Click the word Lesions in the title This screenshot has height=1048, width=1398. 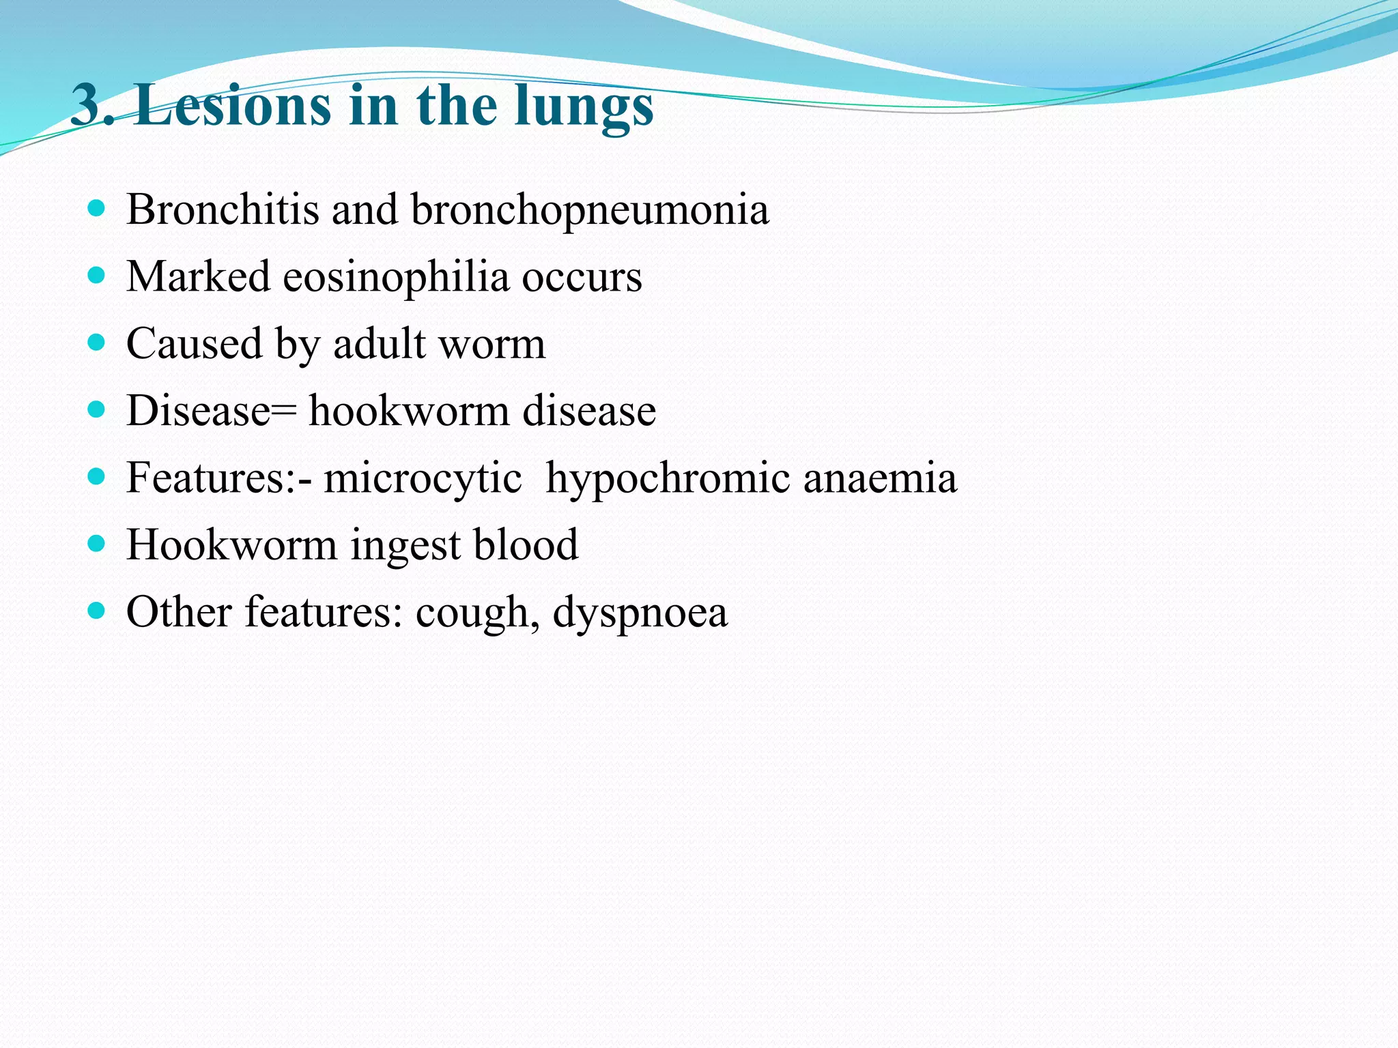232,106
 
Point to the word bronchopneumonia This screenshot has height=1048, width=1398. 590,210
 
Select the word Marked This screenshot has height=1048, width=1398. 198,276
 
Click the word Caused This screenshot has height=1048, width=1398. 194,343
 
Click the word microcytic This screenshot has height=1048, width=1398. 423,478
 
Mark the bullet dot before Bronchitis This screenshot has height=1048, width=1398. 97,208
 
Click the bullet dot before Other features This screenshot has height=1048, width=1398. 97,610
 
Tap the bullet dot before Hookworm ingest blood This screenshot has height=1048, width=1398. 97,543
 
